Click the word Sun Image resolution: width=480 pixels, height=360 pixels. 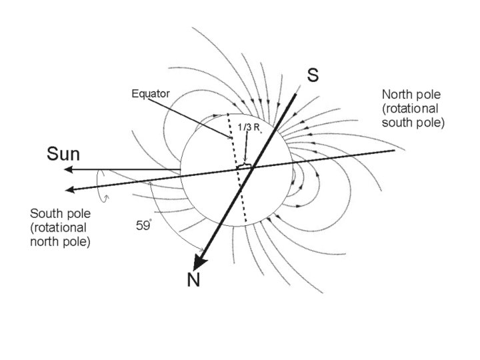[63, 155]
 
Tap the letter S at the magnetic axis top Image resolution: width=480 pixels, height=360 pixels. [313, 75]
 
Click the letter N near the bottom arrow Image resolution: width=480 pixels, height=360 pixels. [193, 280]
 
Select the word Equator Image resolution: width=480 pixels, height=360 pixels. [151, 94]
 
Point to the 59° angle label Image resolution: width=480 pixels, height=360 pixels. [144, 225]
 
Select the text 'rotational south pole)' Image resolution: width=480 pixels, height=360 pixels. [413, 115]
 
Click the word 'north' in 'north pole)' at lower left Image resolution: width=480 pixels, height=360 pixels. [45, 241]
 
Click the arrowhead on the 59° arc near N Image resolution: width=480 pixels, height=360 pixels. [199, 250]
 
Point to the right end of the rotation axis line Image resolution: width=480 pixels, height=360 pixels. [395, 151]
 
